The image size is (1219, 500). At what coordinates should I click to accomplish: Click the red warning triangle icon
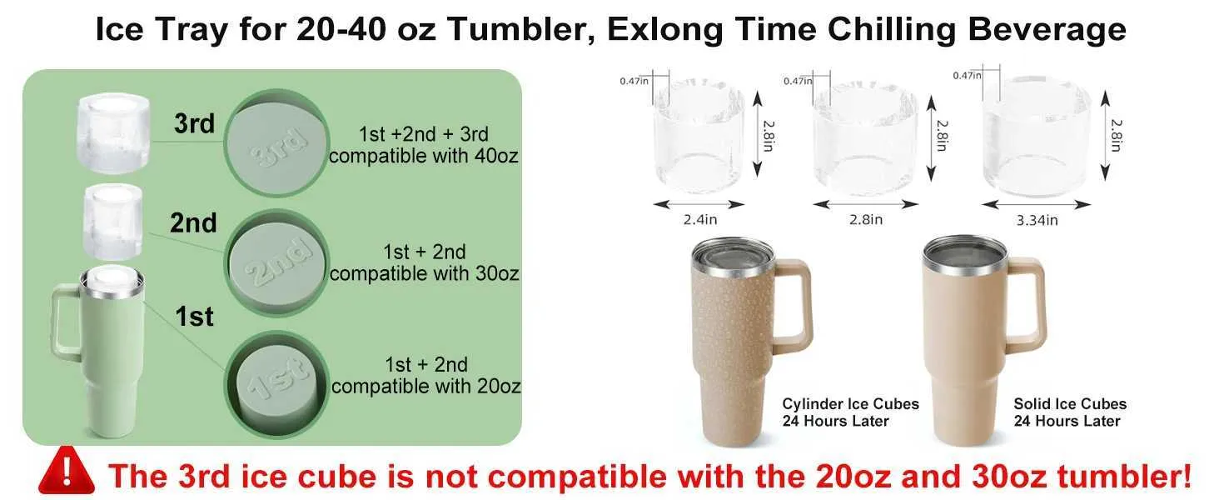pyautogui.click(x=67, y=471)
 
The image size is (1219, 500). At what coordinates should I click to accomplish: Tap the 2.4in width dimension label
pyautogui.click(x=699, y=219)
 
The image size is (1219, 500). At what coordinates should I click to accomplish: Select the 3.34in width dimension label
pyautogui.click(x=1037, y=220)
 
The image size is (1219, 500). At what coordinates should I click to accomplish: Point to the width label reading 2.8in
pyautogui.click(x=866, y=219)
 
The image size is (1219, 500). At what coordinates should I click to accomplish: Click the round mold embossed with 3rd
pyautogui.click(x=276, y=143)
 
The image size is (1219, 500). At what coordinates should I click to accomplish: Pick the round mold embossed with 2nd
pyautogui.click(x=277, y=263)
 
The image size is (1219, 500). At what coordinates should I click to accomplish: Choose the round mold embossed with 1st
pyautogui.click(x=277, y=384)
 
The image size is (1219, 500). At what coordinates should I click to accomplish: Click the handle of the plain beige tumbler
pyautogui.click(x=1027, y=305)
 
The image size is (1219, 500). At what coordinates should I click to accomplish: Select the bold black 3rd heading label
pyautogui.click(x=194, y=123)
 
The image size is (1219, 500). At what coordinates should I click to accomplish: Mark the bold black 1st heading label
pyautogui.click(x=194, y=317)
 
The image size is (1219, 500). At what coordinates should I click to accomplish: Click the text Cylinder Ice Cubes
pyautogui.click(x=851, y=403)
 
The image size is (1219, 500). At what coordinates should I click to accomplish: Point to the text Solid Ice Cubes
pyautogui.click(x=1070, y=403)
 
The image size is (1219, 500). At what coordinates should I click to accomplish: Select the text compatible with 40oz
pyautogui.click(x=423, y=156)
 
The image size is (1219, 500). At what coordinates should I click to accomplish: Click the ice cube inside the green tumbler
pyautogui.click(x=112, y=279)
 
